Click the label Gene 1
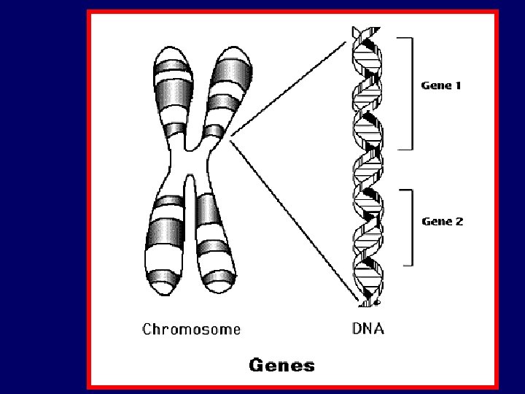coord(441,85)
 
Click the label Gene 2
coord(442,221)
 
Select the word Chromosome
coord(191,329)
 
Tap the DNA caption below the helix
coord(368,328)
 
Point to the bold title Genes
coord(282,365)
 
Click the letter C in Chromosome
coord(148,329)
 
